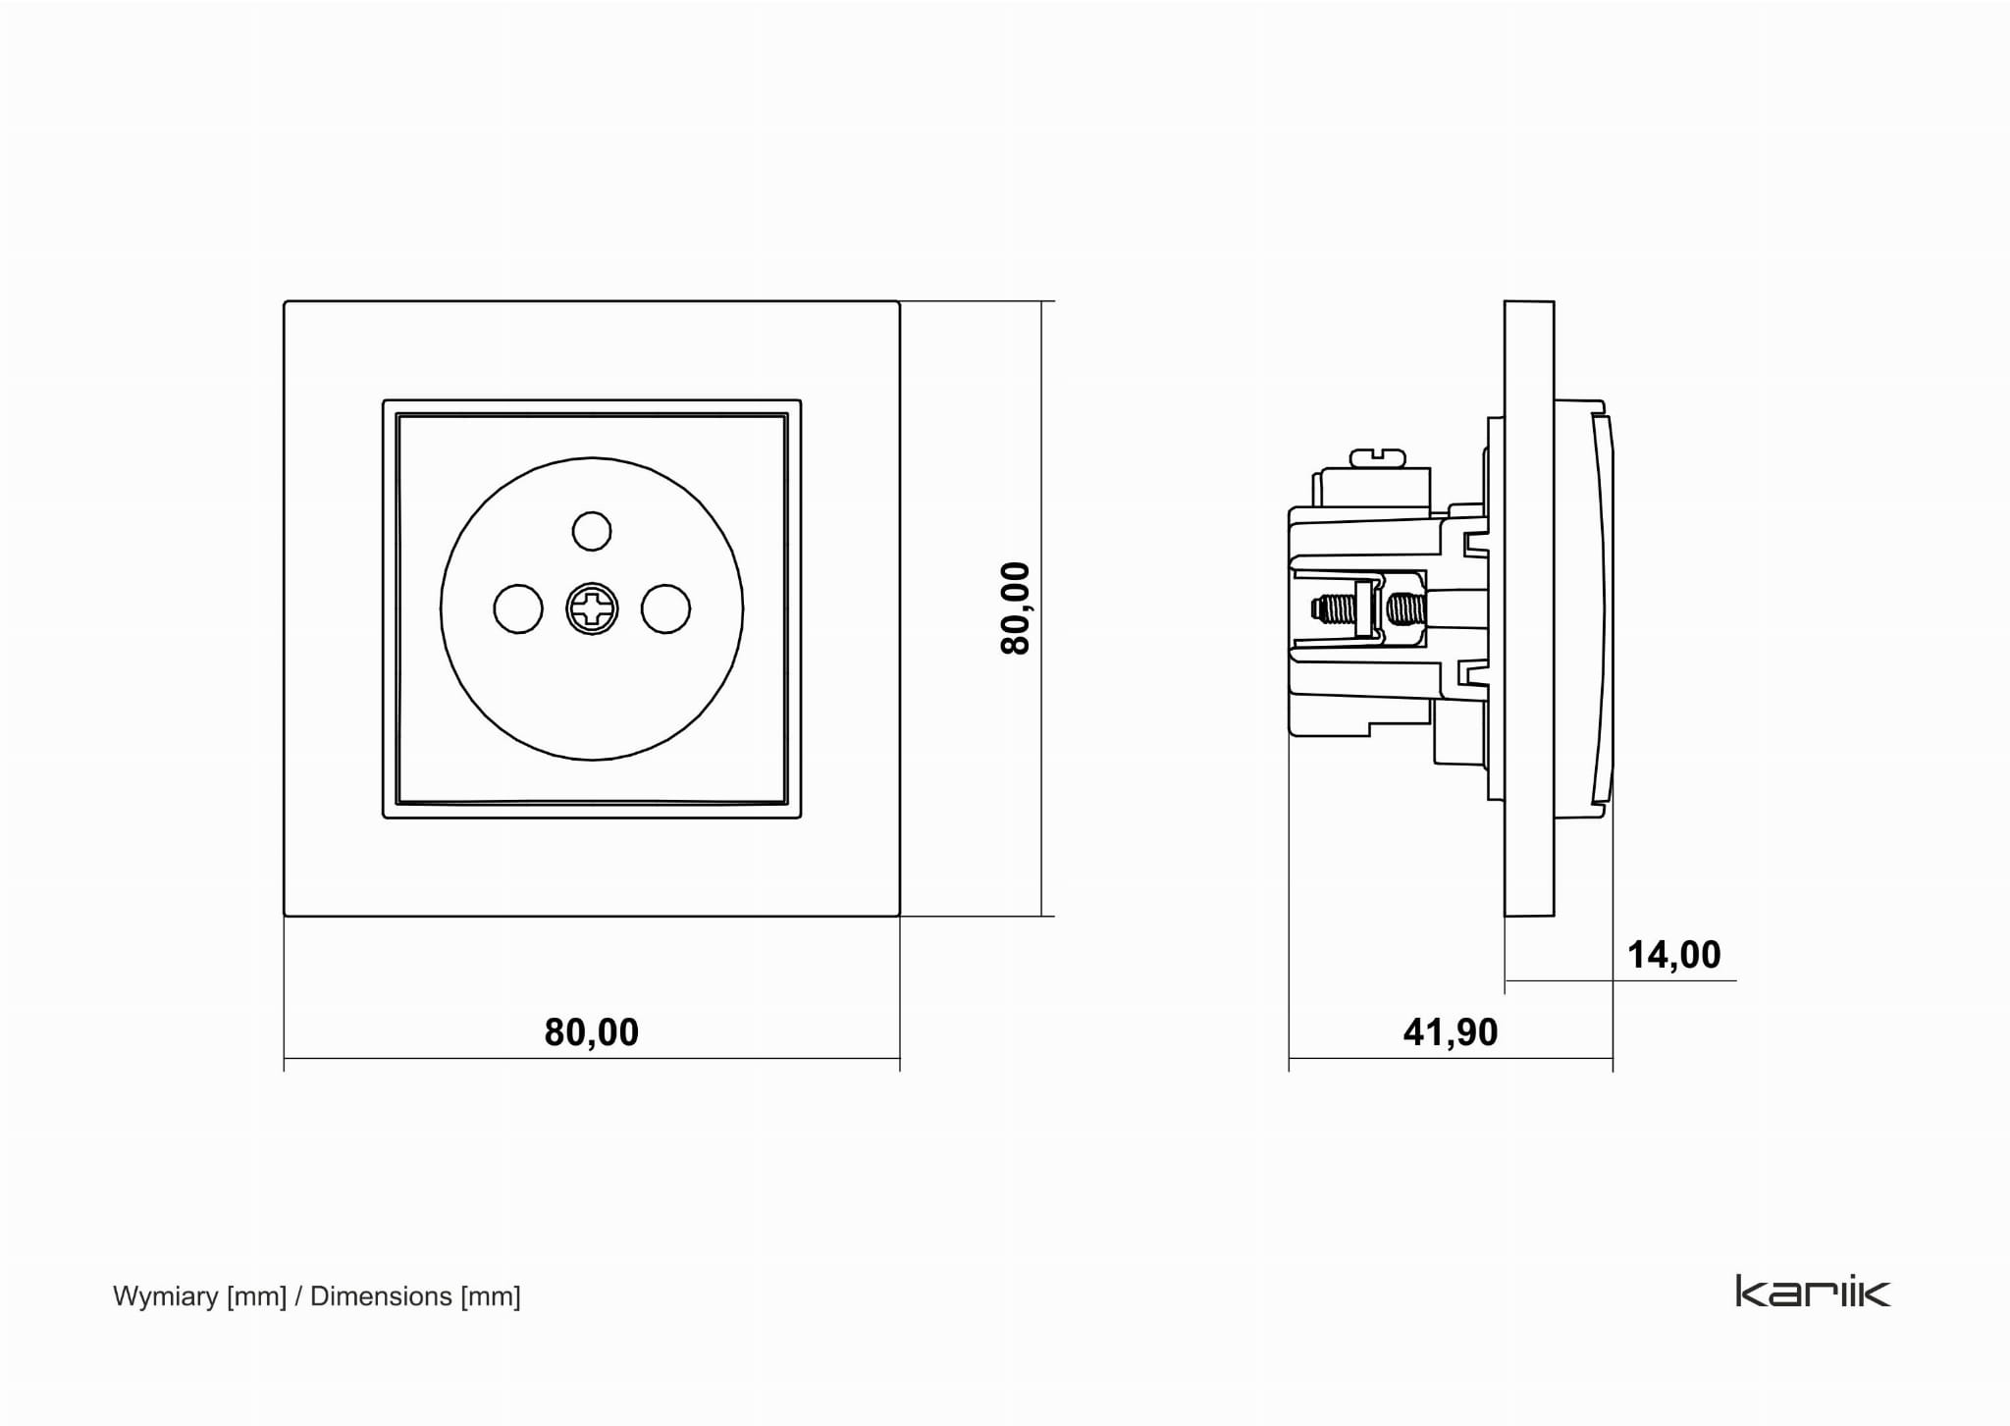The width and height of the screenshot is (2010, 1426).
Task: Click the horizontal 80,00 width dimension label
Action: tap(591, 1032)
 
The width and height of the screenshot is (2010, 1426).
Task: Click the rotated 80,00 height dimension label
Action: tap(1016, 608)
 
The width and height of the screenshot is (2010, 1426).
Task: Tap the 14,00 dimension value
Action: tap(1673, 955)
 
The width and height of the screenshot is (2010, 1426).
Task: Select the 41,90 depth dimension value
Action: tap(1451, 1032)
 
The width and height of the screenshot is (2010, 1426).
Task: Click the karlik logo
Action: tap(1813, 1291)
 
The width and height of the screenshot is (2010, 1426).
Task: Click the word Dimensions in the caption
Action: tap(381, 1296)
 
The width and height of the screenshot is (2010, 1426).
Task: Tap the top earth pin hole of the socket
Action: tap(592, 531)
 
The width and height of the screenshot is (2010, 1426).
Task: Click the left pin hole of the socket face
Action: tap(518, 608)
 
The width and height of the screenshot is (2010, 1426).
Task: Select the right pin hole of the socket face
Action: tap(665, 608)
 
